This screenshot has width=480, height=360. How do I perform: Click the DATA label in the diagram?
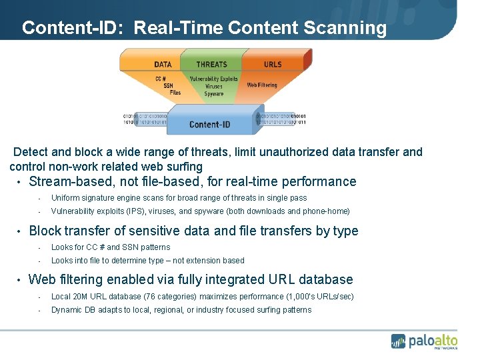click(163, 65)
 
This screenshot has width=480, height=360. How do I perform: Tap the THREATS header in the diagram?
click(211, 65)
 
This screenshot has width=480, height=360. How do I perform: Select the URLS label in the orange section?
click(273, 65)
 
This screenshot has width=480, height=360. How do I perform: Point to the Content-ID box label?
click(209, 124)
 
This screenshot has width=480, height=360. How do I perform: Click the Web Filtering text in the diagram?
click(262, 85)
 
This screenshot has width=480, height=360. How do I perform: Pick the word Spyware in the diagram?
click(214, 94)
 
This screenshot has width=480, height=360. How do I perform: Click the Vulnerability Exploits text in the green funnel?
click(214, 79)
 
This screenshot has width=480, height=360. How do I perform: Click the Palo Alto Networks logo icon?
click(399, 341)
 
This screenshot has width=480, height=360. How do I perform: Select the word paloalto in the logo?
click(434, 339)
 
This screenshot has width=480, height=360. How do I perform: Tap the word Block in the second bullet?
click(45, 231)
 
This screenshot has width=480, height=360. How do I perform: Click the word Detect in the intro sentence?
click(31, 152)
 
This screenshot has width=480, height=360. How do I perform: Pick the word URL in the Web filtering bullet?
click(280, 280)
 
